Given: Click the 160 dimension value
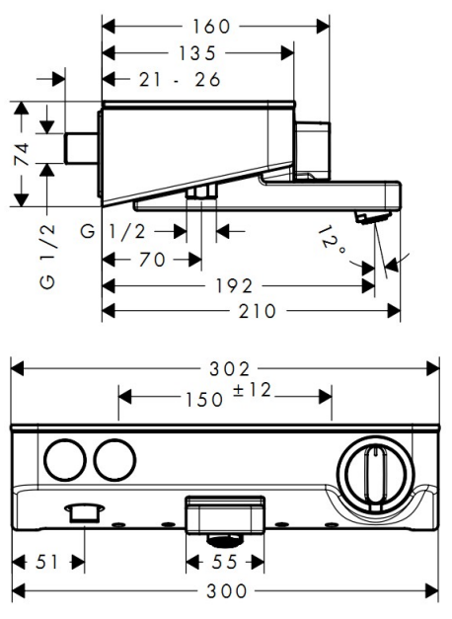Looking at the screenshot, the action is [211, 27].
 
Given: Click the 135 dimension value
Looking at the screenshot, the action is [197, 53].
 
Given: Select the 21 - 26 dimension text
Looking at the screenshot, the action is [180, 80].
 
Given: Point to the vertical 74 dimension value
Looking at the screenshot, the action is [21, 154].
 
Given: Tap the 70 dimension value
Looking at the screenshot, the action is [152, 260].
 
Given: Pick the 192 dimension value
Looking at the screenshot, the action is [234, 286].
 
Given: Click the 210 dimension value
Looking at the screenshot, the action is [257, 311].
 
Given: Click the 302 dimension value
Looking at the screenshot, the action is [229, 369].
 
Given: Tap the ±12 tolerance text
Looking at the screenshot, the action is [252, 390].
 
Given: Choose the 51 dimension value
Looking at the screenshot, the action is [46, 562].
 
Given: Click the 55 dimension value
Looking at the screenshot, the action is [224, 562].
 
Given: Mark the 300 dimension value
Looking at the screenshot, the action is [227, 591].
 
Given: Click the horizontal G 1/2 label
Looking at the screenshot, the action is [113, 231].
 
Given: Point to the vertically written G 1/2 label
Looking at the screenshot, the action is [47, 257].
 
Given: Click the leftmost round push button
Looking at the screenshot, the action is [65, 459].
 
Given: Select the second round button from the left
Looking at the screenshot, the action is [115, 459].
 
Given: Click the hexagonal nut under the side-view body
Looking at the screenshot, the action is [201, 193].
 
